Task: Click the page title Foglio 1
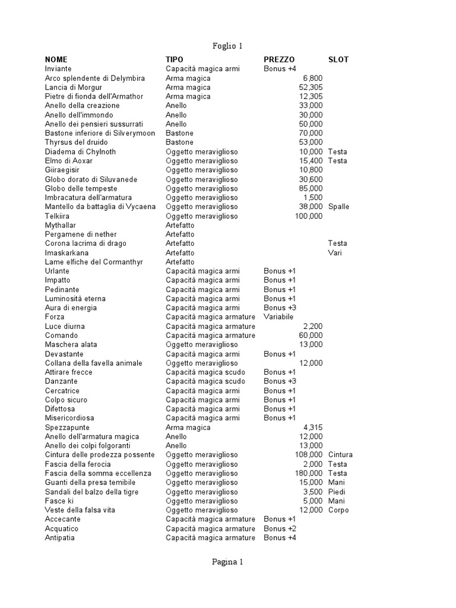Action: (227, 46)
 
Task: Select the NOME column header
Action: (56, 59)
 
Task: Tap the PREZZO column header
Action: (279, 59)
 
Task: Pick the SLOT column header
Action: (338, 59)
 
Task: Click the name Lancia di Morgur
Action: (74, 87)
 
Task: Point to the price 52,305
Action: (311, 87)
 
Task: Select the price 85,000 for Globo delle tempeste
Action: (311, 188)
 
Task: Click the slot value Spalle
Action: (338, 207)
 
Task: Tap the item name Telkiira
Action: (58, 216)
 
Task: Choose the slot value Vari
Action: (335, 252)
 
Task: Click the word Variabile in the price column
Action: (279, 317)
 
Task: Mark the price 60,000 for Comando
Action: (311, 335)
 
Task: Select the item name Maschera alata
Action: (71, 344)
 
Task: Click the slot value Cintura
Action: (340, 455)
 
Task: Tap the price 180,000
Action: (309, 473)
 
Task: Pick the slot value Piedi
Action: (337, 492)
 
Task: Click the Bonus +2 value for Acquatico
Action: (280, 528)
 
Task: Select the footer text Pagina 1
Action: (227, 562)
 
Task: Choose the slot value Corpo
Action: (338, 510)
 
